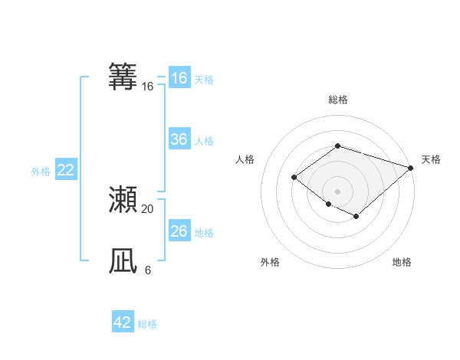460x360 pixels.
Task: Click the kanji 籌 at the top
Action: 123,77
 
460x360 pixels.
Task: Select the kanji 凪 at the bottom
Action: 123,261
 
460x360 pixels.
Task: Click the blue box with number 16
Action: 179,78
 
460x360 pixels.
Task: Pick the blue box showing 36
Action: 179,139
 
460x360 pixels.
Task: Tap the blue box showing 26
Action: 179,231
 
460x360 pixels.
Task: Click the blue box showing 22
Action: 65,170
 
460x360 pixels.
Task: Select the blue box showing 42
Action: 123,322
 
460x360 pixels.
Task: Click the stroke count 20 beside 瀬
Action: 147,208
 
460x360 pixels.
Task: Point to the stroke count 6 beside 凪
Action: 147,270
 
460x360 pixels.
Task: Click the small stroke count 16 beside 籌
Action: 147,87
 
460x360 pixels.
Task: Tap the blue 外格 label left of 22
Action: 41,172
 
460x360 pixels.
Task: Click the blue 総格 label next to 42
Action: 147,324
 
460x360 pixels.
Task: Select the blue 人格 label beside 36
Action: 204,141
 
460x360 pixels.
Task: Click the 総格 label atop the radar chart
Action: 337,100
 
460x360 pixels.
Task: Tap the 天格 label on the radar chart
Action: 431,159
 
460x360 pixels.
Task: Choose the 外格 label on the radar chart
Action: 270,262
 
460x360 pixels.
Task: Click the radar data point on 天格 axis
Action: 411,168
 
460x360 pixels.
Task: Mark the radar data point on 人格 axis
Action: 294,178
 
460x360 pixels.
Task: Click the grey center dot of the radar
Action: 337,191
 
